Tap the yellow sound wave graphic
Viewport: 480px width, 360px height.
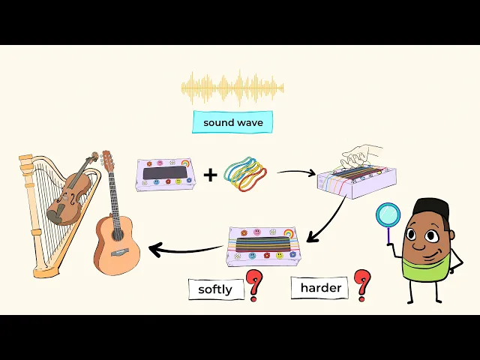pos(232,88)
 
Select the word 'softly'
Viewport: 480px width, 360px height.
pos(216,289)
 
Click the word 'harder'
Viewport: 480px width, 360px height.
pos(320,287)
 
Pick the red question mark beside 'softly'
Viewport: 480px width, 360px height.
pos(255,286)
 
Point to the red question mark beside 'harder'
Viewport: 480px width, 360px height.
pos(363,283)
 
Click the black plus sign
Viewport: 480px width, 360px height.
pos(211,175)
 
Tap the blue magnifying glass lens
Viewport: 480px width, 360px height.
pos(388,216)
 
